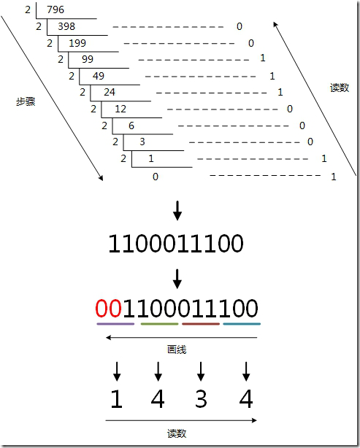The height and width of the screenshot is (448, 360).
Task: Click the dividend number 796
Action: click(55, 9)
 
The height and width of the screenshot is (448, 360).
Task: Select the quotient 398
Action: click(66, 26)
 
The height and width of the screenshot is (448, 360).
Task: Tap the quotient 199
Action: click(77, 43)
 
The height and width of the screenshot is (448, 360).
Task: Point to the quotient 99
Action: click(88, 59)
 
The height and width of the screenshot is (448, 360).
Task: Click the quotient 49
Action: click(99, 76)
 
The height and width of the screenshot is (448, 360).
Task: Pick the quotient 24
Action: click(110, 92)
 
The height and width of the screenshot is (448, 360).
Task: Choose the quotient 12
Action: click(120, 109)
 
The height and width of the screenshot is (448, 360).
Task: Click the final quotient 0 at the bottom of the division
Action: click(156, 177)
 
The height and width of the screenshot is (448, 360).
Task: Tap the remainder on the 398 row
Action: click(240, 26)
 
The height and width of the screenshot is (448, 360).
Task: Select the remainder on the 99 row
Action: click(263, 58)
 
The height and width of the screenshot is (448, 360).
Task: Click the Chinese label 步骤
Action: click(26, 101)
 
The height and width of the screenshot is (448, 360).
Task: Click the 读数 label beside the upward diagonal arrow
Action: click(340, 88)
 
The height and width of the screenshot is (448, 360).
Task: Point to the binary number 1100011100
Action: click(176, 244)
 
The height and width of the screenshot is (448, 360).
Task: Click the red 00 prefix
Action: click(109, 309)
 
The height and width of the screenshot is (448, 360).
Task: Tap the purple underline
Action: click(115, 324)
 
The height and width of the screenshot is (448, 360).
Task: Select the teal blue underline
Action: click(242, 324)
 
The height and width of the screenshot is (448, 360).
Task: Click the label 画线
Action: click(177, 349)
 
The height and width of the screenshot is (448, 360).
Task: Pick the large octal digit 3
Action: click(201, 398)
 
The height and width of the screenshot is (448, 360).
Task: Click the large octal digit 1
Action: click(117, 398)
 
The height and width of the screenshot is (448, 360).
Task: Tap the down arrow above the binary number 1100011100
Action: click(177, 211)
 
